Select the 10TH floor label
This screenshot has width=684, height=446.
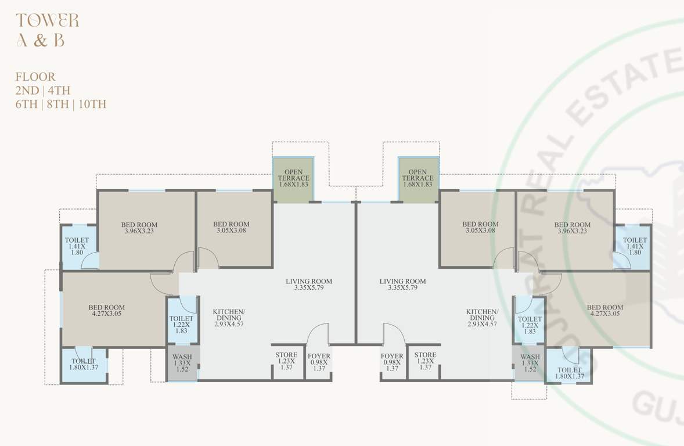click(x=92, y=105)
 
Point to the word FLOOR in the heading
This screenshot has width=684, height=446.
click(x=35, y=77)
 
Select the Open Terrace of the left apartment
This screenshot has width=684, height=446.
click(x=293, y=178)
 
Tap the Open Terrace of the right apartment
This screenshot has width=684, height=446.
click(x=417, y=178)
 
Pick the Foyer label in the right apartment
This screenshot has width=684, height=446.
click(x=392, y=357)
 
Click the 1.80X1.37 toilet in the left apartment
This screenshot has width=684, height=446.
click(x=84, y=365)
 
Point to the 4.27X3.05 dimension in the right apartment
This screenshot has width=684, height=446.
click(x=605, y=314)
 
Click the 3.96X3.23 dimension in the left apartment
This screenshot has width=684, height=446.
click(x=139, y=231)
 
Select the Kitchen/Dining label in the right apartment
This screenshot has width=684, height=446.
click(x=482, y=318)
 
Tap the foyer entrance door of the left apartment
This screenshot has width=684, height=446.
click(x=318, y=336)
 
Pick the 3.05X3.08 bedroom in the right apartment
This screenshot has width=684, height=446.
click(x=480, y=228)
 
